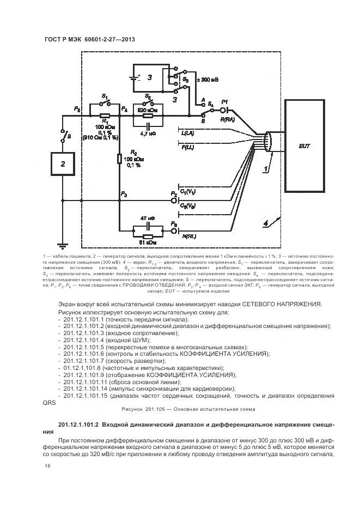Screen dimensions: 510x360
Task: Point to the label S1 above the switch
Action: pyautogui.click(x=105, y=96)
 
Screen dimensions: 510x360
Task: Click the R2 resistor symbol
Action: pyautogui.click(x=119, y=159)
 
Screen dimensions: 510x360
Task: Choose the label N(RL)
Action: pyautogui.click(x=189, y=235)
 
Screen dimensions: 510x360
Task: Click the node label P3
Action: pyautogui.click(x=124, y=194)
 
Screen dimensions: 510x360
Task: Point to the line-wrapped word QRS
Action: pyautogui.click(x=48, y=404)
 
